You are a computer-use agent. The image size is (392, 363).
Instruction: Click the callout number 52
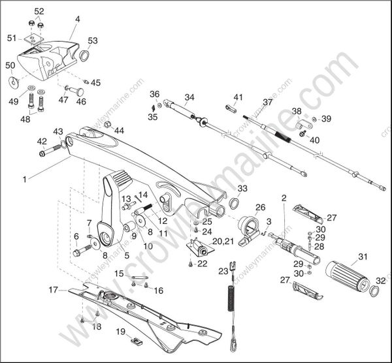click(x=39, y=11)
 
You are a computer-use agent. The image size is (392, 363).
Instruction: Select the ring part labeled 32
click(x=374, y=290)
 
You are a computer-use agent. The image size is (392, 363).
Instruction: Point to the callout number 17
click(x=53, y=288)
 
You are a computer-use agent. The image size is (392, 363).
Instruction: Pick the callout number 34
click(x=189, y=98)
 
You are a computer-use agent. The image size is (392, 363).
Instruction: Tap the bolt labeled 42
click(x=50, y=153)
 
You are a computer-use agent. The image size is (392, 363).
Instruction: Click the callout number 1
click(x=25, y=178)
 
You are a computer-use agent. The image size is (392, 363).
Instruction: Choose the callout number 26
click(x=260, y=208)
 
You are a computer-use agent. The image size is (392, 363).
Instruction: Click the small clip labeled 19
click(x=137, y=341)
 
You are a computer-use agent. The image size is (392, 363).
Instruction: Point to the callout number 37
click(x=268, y=103)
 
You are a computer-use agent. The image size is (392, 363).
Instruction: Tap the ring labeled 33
click(x=233, y=204)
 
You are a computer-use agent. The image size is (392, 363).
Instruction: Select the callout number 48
click(x=25, y=119)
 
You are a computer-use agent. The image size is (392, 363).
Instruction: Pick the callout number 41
click(x=238, y=97)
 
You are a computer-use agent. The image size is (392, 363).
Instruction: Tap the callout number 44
click(x=119, y=131)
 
